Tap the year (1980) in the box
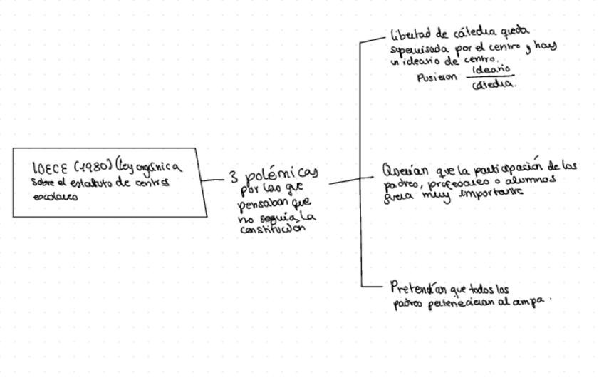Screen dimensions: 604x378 coord(92,168)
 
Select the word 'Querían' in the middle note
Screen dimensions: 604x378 coord(405,171)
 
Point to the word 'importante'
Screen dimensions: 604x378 coord(491,193)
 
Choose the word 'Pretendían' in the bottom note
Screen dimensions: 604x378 coord(418,289)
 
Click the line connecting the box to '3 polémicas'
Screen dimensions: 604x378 coord(213,180)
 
